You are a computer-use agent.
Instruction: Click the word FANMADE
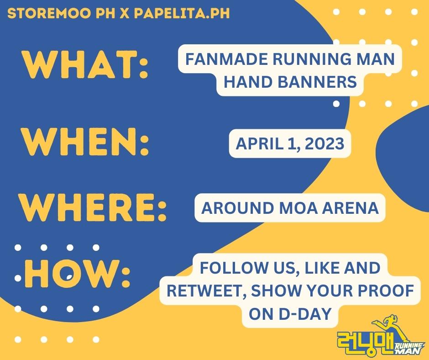click(x=220, y=60)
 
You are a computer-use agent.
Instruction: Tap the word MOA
click(x=296, y=208)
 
